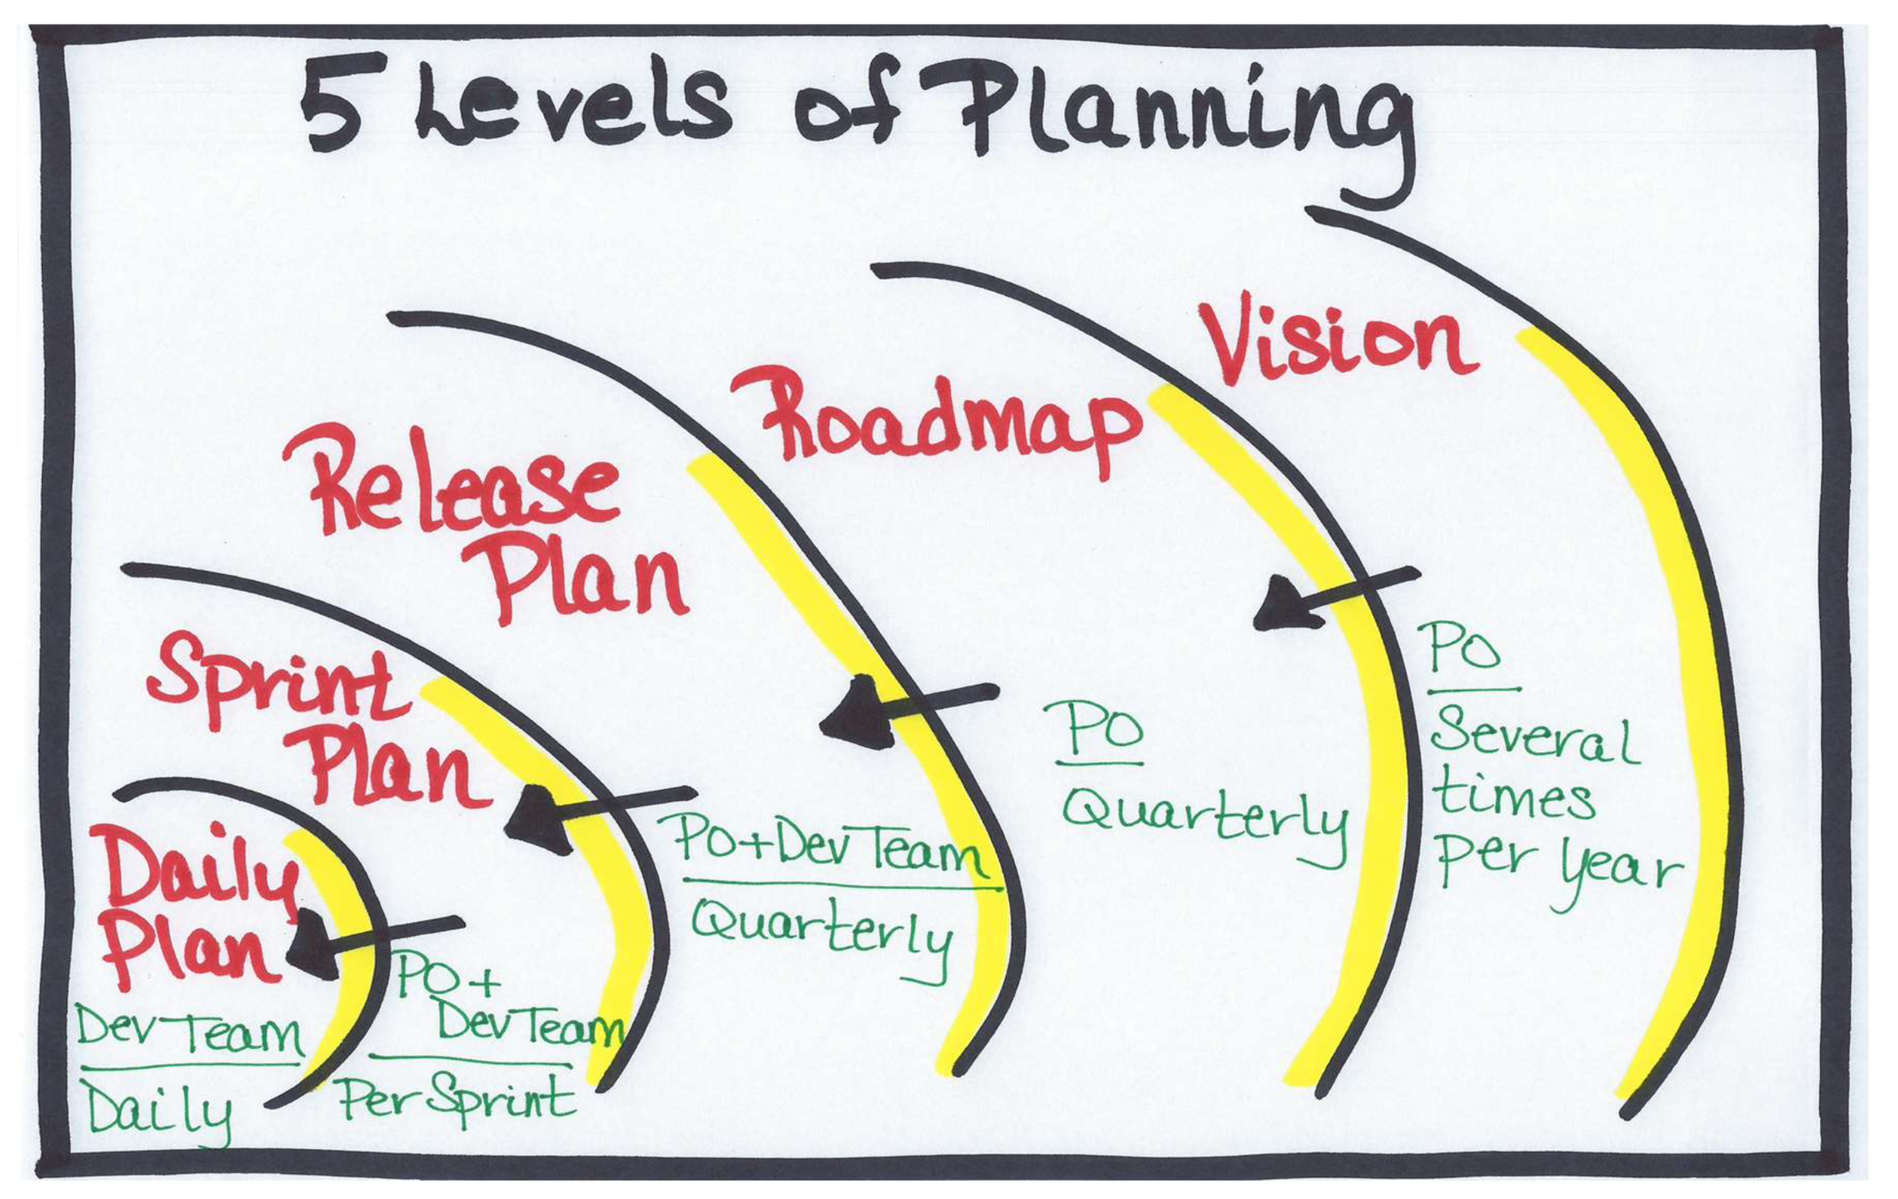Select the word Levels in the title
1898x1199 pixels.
tap(573, 106)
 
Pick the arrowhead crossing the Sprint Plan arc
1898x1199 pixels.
tap(537, 818)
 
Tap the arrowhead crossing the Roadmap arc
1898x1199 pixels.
tap(1287, 604)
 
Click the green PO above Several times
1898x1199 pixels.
tap(1466, 649)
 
